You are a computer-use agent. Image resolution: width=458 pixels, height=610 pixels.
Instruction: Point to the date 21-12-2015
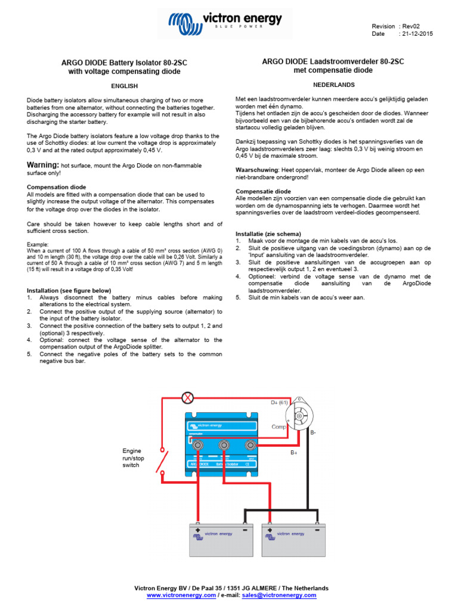click(417, 34)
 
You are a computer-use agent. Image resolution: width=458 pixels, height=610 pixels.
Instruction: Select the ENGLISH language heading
click(125, 86)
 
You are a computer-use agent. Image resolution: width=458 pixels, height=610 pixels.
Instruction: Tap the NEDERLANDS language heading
click(334, 85)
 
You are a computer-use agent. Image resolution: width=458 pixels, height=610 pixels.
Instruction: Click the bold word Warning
click(43, 164)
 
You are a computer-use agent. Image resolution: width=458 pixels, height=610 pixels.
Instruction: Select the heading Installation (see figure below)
click(69, 290)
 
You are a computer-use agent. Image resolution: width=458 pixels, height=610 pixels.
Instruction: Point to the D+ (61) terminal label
click(279, 403)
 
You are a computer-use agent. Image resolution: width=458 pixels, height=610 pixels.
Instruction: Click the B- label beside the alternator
click(312, 432)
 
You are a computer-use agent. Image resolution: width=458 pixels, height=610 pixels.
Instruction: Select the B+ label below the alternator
click(293, 453)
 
